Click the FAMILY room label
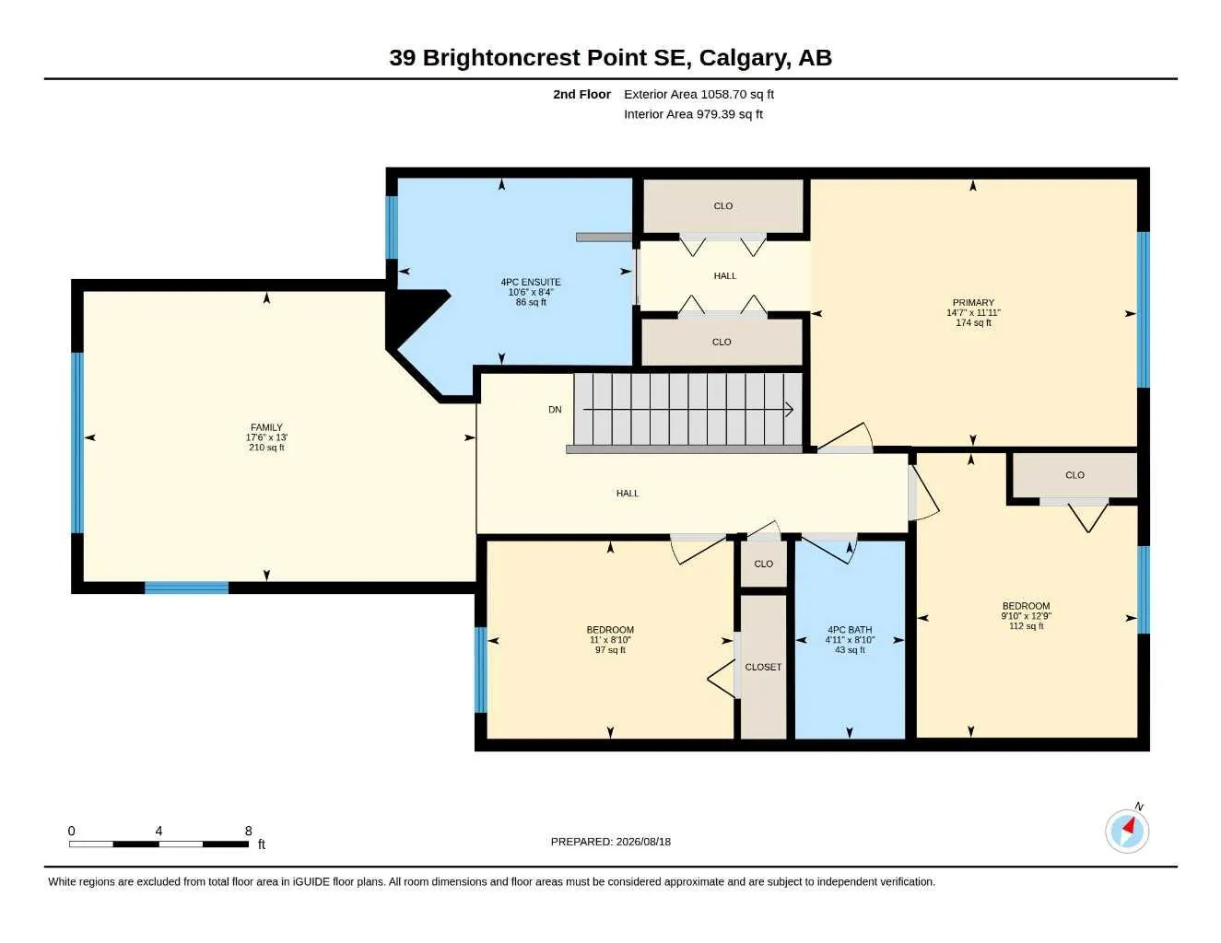coord(266,427)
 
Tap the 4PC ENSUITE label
coord(531,282)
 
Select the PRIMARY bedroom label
coord(973,303)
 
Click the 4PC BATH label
coord(850,630)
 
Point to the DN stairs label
coord(555,410)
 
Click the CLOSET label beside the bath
coord(763,667)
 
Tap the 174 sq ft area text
coord(973,322)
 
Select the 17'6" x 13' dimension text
coord(266,437)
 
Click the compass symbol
coord(1127,832)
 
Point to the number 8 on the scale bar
coord(249,831)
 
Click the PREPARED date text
coord(610,842)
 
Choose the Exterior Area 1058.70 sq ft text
coord(699,94)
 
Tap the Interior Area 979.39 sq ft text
coord(693,114)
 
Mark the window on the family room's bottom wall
coord(186,588)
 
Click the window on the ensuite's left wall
coord(392,227)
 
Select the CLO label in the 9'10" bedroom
coord(1074,475)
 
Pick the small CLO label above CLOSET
coord(763,564)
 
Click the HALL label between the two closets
coord(725,275)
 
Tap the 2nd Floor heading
coord(581,94)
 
